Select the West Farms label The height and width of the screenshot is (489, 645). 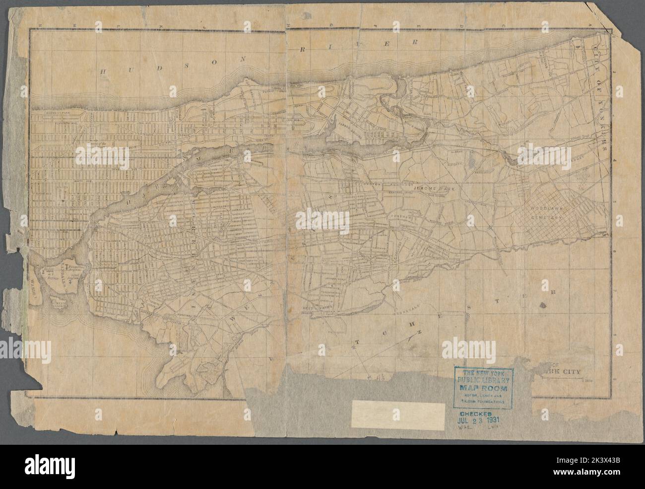tap(315, 308)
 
